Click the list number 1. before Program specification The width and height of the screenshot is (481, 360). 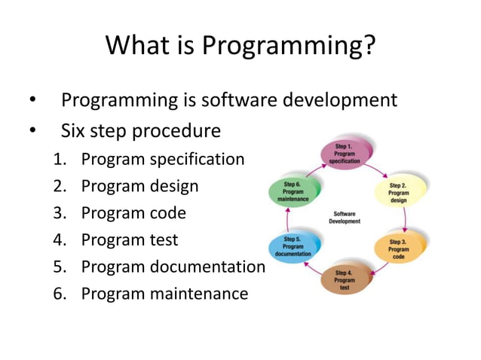[x=60, y=160]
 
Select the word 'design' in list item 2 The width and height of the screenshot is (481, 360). [x=173, y=187]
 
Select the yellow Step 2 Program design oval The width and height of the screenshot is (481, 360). [x=398, y=193]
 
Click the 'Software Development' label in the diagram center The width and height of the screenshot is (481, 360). [x=345, y=218]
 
